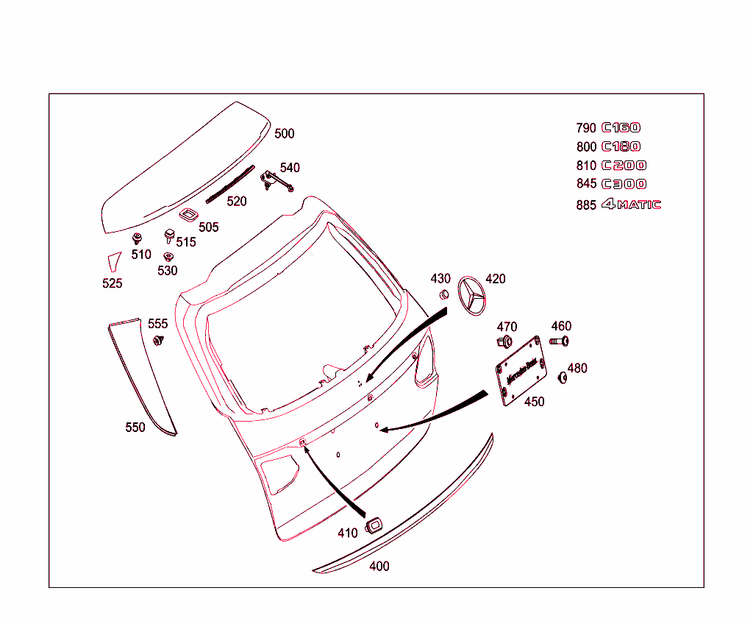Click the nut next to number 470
pyautogui.click(x=505, y=341)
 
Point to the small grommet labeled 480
pyautogui.click(x=563, y=377)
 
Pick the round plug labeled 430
pyautogui.click(x=444, y=294)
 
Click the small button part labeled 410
pyautogui.click(x=373, y=524)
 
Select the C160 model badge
pyautogui.click(x=621, y=128)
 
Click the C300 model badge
pyautogui.click(x=624, y=184)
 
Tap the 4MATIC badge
pyautogui.click(x=632, y=205)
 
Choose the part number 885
pyautogui.click(x=586, y=205)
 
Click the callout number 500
pyautogui.click(x=284, y=133)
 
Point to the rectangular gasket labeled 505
pyautogui.click(x=188, y=214)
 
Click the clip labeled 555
pyautogui.click(x=158, y=341)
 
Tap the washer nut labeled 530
pyautogui.click(x=168, y=257)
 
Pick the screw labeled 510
pyautogui.click(x=138, y=239)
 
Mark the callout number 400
pyautogui.click(x=379, y=566)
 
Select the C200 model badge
pyautogui.click(x=624, y=166)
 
